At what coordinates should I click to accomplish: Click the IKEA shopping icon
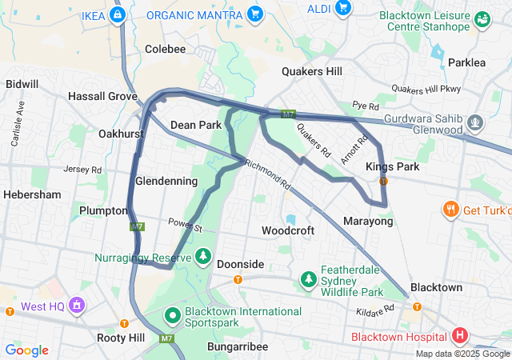tap(118, 14)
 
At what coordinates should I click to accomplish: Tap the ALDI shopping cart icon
tap(342, 7)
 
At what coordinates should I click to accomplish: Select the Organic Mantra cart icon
tap(254, 14)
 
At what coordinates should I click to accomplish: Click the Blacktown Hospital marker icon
tap(460, 335)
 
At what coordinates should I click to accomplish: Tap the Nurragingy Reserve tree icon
tap(204, 257)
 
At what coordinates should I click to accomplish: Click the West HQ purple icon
tap(76, 305)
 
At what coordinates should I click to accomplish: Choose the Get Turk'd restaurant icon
tap(450, 210)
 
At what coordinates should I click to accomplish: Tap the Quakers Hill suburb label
tap(312, 71)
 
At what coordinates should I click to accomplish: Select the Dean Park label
tap(196, 125)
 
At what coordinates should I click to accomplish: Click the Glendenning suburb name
tap(166, 182)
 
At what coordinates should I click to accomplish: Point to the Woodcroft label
tap(288, 230)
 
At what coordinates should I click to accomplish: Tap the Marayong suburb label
tap(368, 221)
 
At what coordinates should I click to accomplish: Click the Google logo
tap(27, 350)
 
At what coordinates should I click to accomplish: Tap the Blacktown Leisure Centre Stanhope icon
tap(482, 18)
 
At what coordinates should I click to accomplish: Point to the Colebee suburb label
tap(166, 49)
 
